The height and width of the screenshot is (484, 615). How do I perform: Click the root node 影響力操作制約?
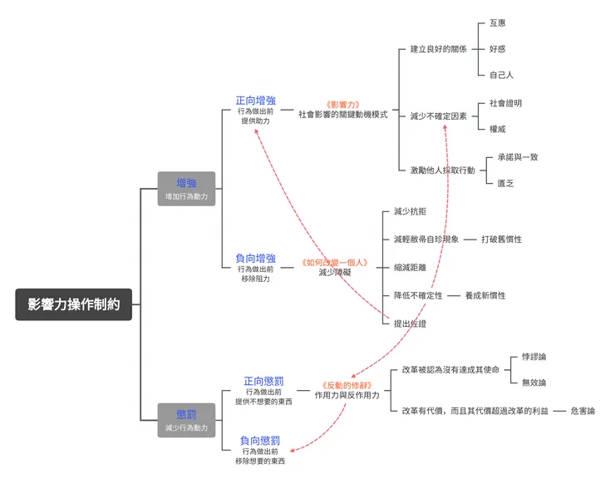[73, 304]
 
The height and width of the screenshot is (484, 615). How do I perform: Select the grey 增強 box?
[186, 189]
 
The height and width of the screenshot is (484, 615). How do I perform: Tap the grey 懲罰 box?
[186, 420]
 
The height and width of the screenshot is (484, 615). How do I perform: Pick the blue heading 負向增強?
[255, 259]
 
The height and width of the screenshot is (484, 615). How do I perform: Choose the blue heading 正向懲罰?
[263, 381]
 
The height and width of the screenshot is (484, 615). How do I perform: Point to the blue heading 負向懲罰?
[259, 440]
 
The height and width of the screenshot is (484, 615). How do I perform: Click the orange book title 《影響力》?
[342, 105]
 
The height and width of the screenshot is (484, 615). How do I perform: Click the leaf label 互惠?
[498, 23]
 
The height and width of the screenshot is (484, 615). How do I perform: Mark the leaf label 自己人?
[501, 75]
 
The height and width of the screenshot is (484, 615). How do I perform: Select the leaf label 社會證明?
[505, 103]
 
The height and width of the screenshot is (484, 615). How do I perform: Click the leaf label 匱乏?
[505, 183]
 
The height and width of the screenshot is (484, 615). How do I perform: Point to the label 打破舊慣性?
[501, 240]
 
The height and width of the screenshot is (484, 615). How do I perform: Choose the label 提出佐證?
[410, 323]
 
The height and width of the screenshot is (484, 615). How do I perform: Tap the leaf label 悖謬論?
[534, 357]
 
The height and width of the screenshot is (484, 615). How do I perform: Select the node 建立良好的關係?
[438, 49]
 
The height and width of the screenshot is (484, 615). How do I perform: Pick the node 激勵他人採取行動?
[442, 170]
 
